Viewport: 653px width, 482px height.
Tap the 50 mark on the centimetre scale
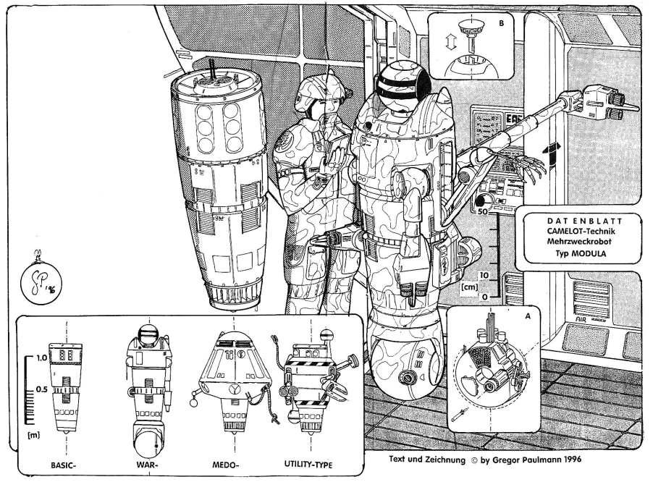click(483, 212)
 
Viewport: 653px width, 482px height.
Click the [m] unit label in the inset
click(32, 436)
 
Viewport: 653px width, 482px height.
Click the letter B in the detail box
click(501, 22)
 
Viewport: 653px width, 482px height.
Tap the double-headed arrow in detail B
click(449, 43)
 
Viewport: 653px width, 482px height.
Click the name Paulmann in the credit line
click(533, 458)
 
